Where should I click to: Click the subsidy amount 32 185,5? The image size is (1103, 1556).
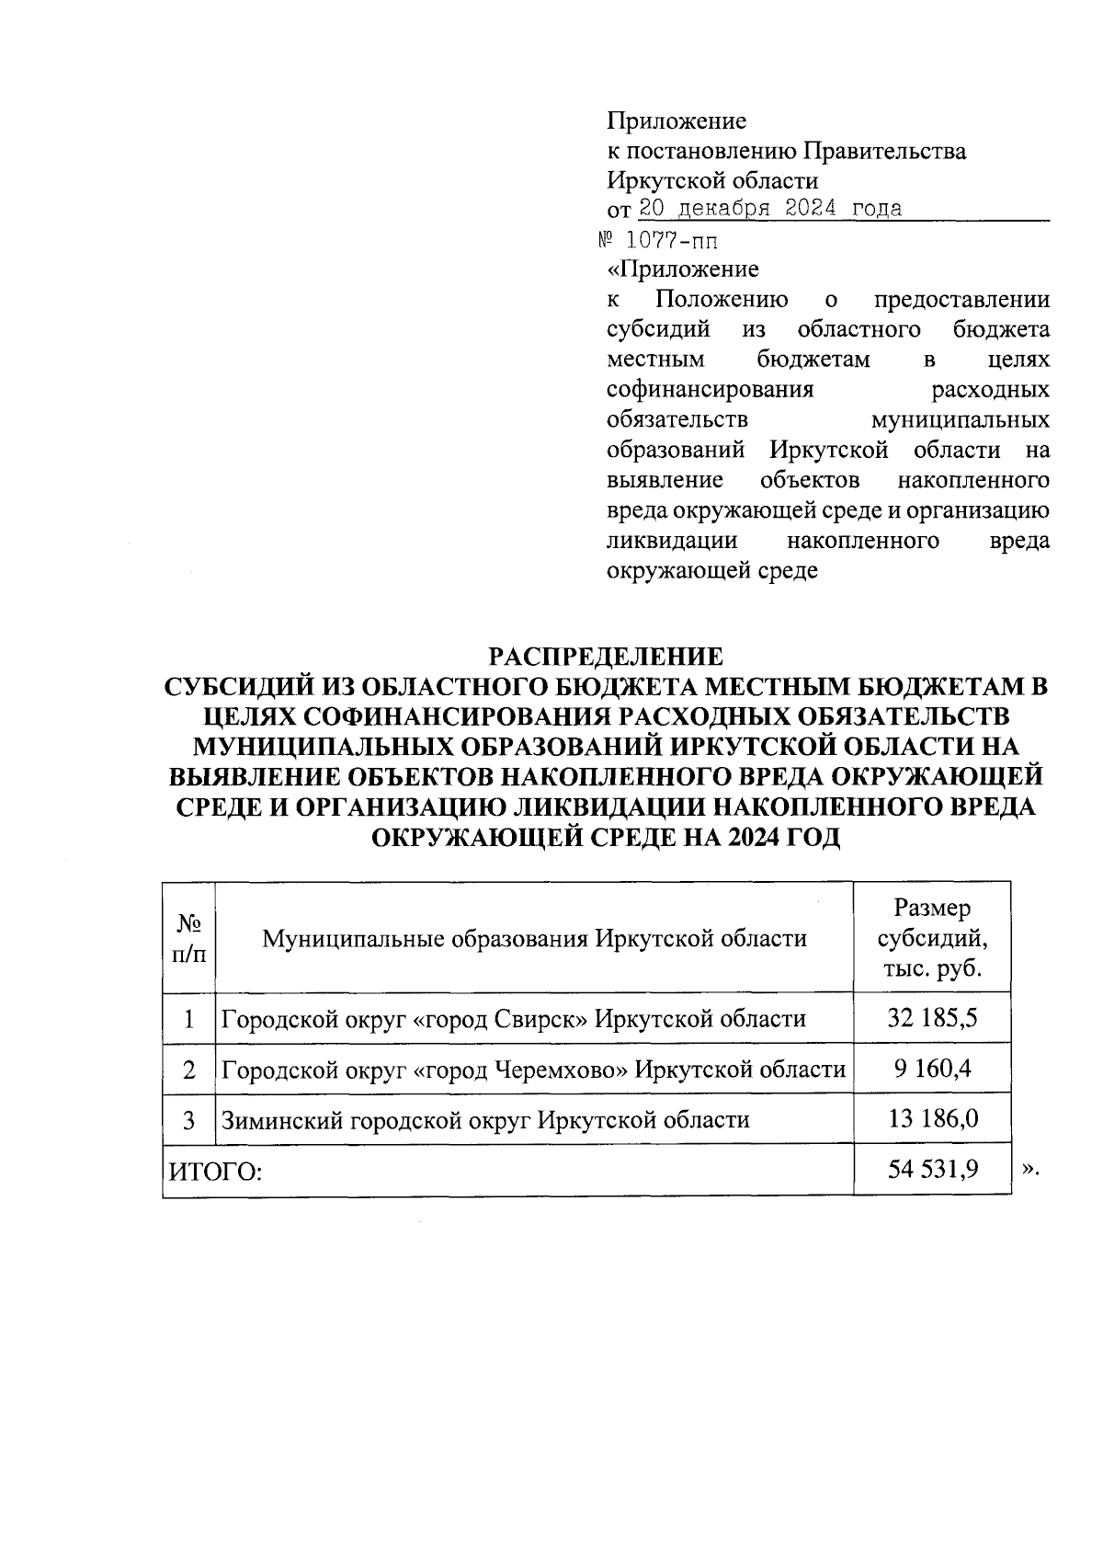[932, 1019]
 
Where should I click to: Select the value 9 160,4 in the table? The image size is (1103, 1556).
[932, 1070]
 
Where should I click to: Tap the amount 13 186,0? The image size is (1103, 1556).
[932, 1119]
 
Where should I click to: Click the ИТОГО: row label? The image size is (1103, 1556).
[214, 1172]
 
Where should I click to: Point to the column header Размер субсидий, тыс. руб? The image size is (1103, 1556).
[932, 939]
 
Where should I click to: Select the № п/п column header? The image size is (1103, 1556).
[188, 939]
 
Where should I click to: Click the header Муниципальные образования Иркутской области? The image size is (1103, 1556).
[534, 939]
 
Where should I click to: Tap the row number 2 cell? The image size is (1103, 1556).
[188, 1070]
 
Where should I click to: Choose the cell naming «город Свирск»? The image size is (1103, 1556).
[514, 1019]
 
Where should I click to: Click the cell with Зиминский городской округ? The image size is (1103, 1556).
[484, 1120]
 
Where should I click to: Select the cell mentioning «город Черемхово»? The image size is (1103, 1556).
[533, 1070]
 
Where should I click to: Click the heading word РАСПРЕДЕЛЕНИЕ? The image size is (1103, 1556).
[605, 657]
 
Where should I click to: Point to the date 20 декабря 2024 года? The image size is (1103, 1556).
[769, 209]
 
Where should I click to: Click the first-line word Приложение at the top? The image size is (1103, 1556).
[676, 120]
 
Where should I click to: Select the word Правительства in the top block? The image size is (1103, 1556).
[884, 151]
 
